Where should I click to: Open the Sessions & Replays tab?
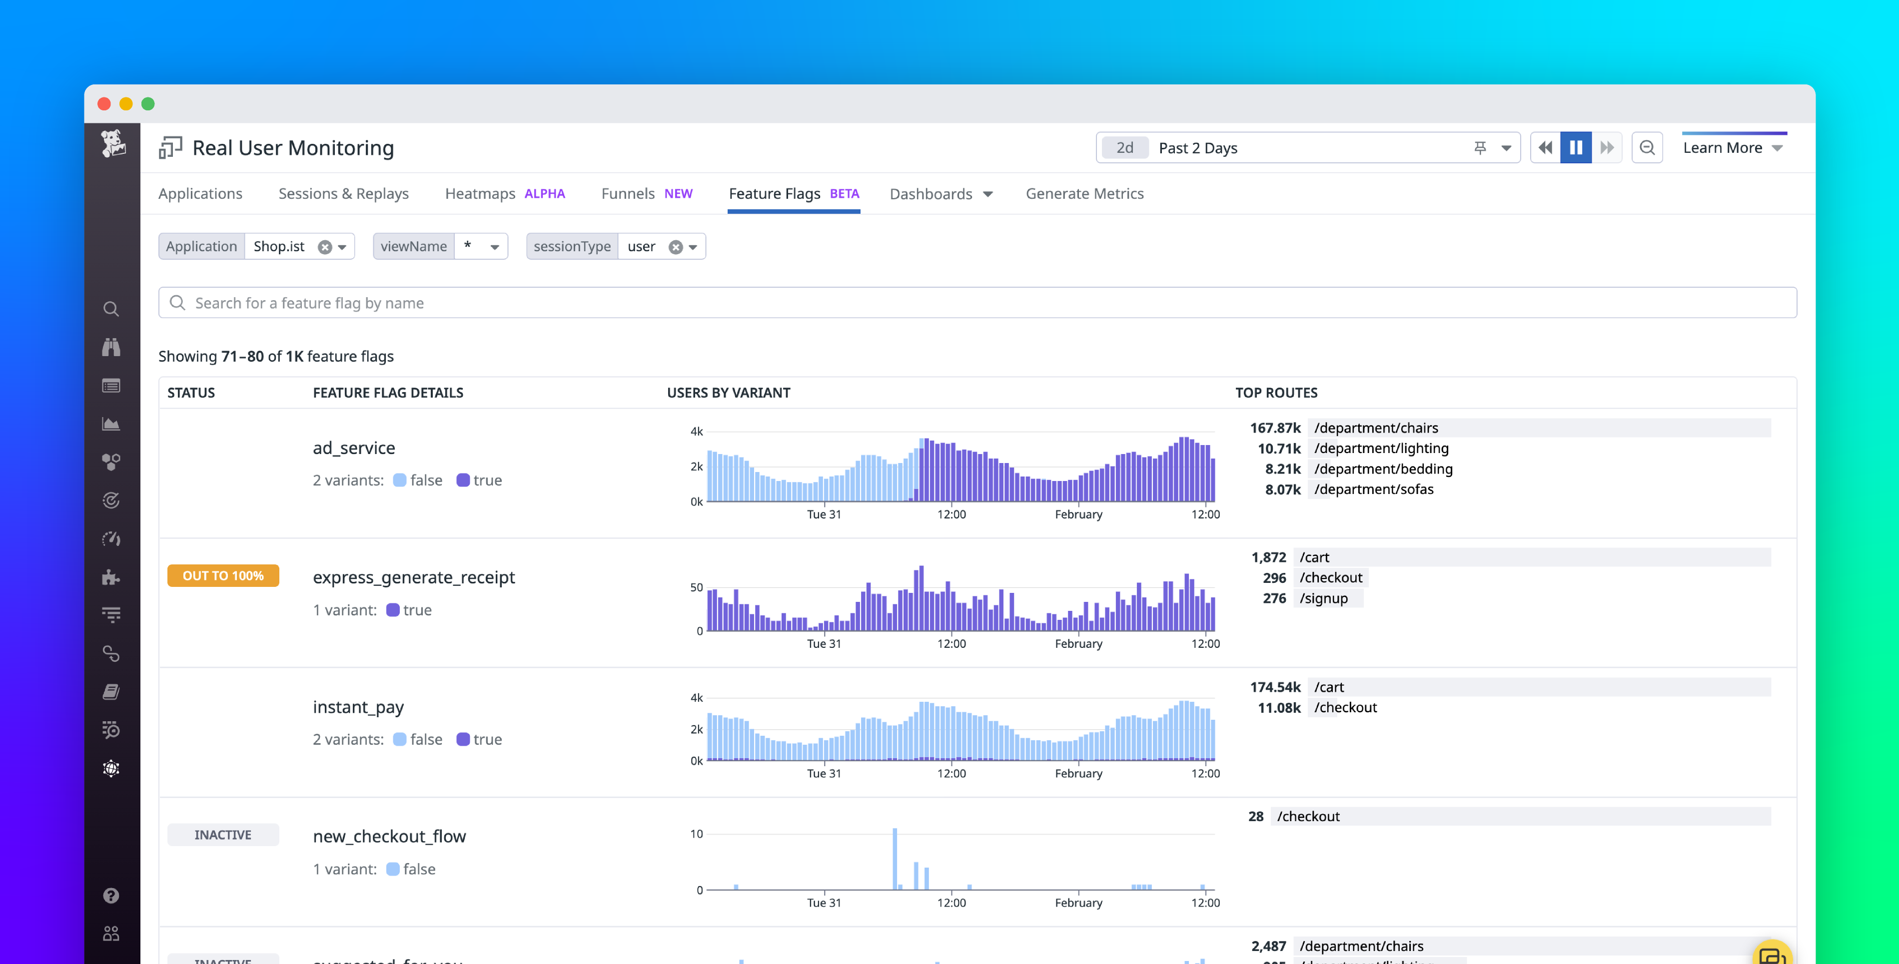[x=343, y=193]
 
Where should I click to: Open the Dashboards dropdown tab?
[x=941, y=194]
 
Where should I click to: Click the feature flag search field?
[x=977, y=303]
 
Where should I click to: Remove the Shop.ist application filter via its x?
[x=324, y=247]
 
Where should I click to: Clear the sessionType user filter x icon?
[x=675, y=247]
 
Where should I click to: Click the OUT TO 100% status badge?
[x=222, y=575]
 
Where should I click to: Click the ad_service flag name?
[x=354, y=448]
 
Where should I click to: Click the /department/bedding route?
[x=1382, y=469]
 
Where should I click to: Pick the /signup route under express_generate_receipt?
[x=1323, y=598]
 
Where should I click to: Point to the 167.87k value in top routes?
[x=1275, y=428]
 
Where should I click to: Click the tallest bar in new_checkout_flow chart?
[x=894, y=859]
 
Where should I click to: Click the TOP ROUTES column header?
[x=1275, y=393]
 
